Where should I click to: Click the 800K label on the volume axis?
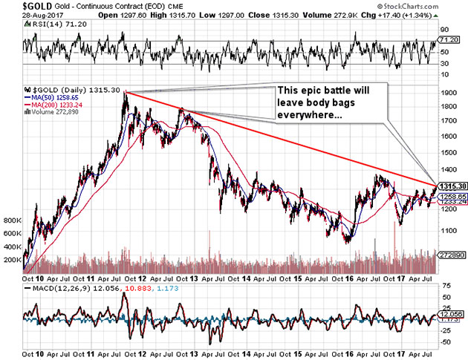(x=12, y=221)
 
